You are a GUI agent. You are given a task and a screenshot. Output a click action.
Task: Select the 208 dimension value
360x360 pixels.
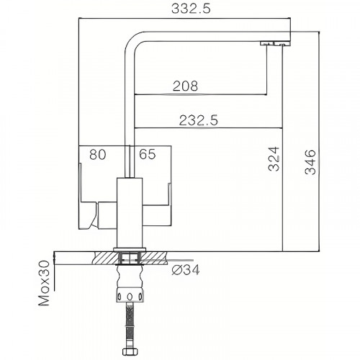point(186,86)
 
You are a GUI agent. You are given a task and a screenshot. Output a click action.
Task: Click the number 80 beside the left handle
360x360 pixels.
point(99,154)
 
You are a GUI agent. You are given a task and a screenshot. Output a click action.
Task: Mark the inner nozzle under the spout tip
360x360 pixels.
point(265,45)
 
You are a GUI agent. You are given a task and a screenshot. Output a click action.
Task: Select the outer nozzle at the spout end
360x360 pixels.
point(282,45)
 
